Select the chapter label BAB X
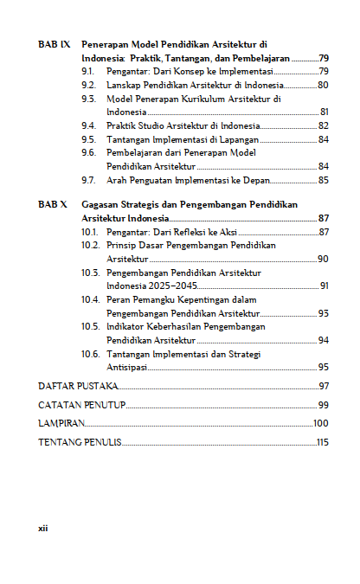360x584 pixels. tap(53, 205)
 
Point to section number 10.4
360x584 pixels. tap(91, 299)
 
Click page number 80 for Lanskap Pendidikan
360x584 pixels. tap(323, 85)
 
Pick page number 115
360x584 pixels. tap(323, 443)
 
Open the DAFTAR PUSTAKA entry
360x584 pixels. tap(77, 386)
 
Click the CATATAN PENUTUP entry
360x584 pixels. tap(82, 405)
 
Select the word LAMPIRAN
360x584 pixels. tap(61, 424)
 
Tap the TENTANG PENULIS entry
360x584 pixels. tap(80, 443)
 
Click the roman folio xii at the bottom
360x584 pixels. tap(42, 528)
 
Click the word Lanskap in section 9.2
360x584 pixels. tap(123, 85)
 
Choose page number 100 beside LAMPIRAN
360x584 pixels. tap(321, 424)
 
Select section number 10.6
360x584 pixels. tap(91, 355)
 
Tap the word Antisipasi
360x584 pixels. tap(127, 368)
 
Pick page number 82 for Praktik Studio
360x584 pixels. tap(323, 126)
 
